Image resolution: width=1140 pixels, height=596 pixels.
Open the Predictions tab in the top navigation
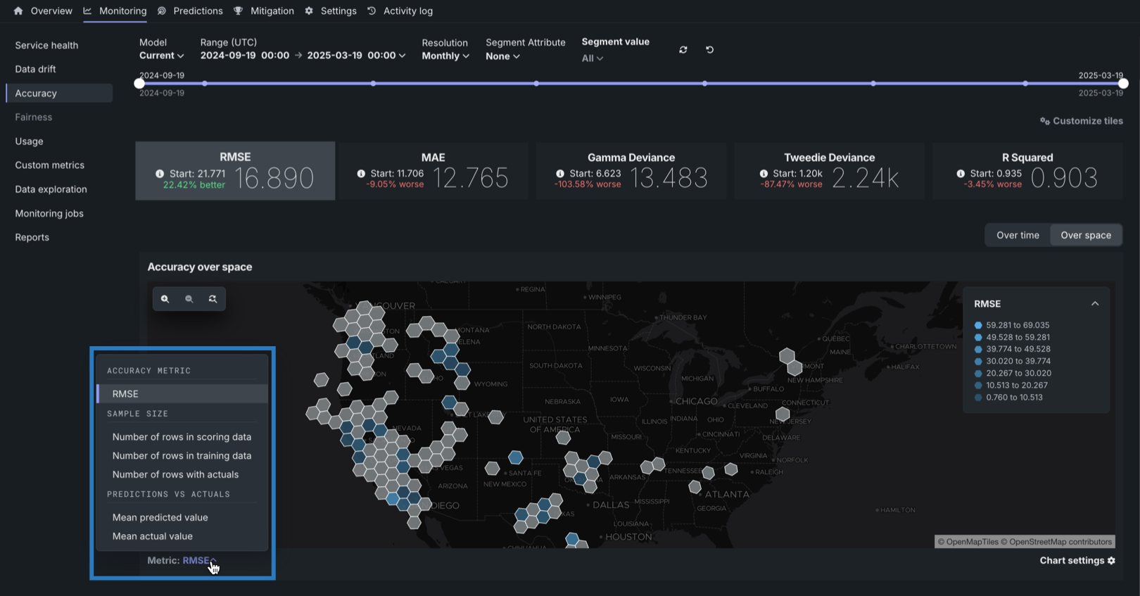pyautogui.click(x=197, y=11)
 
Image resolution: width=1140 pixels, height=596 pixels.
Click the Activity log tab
pyautogui.click(x=407, y=11)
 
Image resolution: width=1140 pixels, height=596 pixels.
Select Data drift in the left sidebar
pyautogui.click(x=35, y=69)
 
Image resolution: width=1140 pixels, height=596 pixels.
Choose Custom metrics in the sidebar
pyautogui.click(x=49, y=165)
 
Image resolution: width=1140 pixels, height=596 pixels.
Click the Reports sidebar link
pyautogui.click(x=32, y=237)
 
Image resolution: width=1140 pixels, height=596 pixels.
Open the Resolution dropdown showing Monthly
pyautogui.click(x=445, y=56)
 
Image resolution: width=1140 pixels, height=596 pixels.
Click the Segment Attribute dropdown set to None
pyautogui.click(x=502, y=56)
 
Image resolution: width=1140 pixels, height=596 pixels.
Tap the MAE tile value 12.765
pyautogui.click(x=470, y=178)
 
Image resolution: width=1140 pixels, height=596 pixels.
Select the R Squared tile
pyautogui.click(x=1027, y=171)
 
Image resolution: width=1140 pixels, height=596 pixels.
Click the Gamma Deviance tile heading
pyautogui.click(x=631, y=158)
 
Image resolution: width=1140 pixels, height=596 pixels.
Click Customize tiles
pyautogui.click(x=1082, y=121)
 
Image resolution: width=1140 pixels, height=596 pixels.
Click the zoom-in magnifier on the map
pyautogui.click(x=165, y=299)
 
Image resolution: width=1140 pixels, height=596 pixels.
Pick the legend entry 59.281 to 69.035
pyautogui.click(x=1017, y=325)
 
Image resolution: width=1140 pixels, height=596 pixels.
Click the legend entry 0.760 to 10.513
pyautogui.click(x=1014, y=398)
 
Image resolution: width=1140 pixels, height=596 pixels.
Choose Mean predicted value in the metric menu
pyautogui.click(x=160, y=517)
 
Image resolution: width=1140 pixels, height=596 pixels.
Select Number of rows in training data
pyautogui.click(x=182, y=456)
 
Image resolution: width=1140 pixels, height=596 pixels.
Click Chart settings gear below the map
pyautogui.click(x=1077, y=561)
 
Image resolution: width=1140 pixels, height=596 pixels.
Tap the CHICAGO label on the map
pyautogui.click(x=696, y=401)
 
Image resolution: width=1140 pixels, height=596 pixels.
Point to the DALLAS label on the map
pyautogui.click(x=610, y=505)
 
